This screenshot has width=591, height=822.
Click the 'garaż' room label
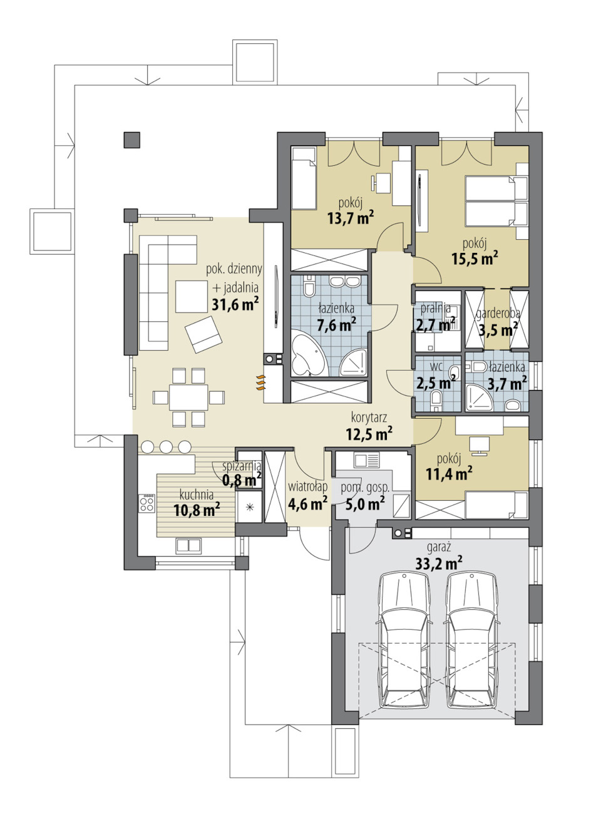point(439,548)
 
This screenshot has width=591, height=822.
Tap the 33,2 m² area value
point(439,563)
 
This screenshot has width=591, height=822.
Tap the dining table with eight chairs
point(188,398)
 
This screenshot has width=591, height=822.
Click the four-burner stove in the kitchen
point(146,503)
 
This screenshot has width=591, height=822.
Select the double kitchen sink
point(188,546)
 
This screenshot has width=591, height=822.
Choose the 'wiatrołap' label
point(307,487)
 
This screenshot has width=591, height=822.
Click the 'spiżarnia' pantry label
point(242,466)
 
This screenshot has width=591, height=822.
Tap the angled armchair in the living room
point(203,334)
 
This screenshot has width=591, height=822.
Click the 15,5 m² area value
point(475,259)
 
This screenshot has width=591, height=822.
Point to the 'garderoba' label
point(498,314)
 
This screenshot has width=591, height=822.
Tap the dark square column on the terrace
point(131,140)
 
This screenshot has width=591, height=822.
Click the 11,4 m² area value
point(449,475)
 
